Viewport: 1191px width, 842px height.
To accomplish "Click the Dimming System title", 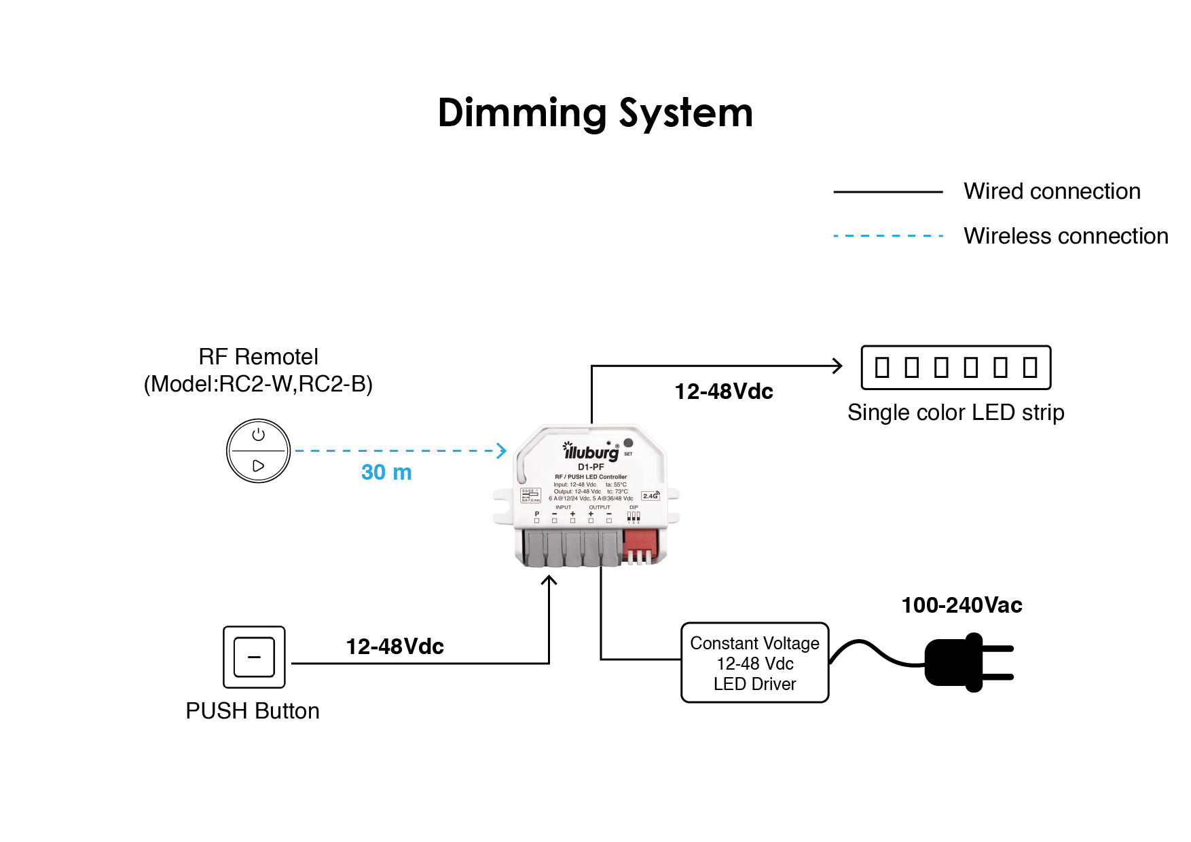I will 595,113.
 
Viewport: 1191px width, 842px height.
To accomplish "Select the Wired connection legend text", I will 1052,191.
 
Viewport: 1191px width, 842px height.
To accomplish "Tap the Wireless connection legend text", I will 1065,236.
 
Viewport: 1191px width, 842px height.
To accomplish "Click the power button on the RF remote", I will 258,435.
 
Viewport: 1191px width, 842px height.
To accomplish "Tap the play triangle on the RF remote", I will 258,466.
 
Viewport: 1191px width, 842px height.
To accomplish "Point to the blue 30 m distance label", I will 386,472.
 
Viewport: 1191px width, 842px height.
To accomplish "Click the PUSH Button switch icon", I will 254,657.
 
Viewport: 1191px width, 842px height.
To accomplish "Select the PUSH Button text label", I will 253,711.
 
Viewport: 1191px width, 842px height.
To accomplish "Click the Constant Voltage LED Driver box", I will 754,663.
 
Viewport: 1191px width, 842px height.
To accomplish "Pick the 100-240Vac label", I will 961,605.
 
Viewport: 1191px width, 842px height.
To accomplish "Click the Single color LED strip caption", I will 955,413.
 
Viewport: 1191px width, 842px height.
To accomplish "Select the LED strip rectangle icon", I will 955,368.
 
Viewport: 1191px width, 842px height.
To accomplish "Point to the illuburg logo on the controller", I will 590,451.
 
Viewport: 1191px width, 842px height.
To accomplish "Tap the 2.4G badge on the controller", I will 650,496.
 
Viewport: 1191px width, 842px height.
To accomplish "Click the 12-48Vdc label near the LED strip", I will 724,391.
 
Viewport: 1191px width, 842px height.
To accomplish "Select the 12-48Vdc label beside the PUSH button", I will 395,647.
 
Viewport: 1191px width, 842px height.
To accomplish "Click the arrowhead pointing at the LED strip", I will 838,366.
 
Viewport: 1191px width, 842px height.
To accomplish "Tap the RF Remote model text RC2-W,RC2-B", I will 258,384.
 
